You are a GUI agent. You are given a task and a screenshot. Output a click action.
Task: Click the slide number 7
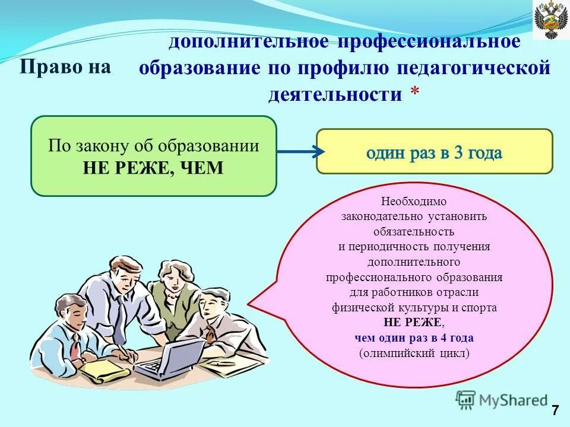pyautogui.click(x=555, y=410)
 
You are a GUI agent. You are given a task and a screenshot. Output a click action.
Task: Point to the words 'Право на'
pyautogui.click(x=65, y=66)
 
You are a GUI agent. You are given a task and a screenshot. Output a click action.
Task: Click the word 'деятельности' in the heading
pyautogui.click(x=335, y=94)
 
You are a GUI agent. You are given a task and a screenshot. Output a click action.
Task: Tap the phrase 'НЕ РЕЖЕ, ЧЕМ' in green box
pyautogui.click(x=153, y=168)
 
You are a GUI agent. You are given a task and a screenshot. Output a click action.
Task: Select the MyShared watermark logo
pyautogui.click(x=502, y=400)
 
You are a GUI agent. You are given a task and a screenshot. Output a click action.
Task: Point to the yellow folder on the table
pyautogui.click(x=104, y=371)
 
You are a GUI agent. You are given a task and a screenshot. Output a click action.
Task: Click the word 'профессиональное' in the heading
pyautogui.click(x=429, y=42)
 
